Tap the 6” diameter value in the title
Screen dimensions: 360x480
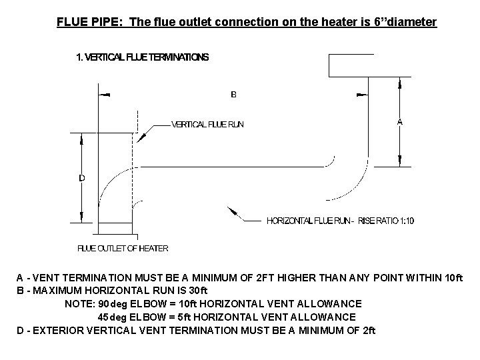[408, 22]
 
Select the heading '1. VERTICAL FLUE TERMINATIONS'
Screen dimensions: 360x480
[142, 57]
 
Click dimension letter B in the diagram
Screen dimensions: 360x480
[233, 95]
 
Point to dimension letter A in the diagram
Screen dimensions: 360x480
[399, 122]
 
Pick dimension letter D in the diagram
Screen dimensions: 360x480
[81, 178]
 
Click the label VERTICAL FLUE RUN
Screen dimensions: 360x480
[207, 124]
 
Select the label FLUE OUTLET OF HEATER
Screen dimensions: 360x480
[123, 248]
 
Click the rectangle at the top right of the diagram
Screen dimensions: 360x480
[366, 65]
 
